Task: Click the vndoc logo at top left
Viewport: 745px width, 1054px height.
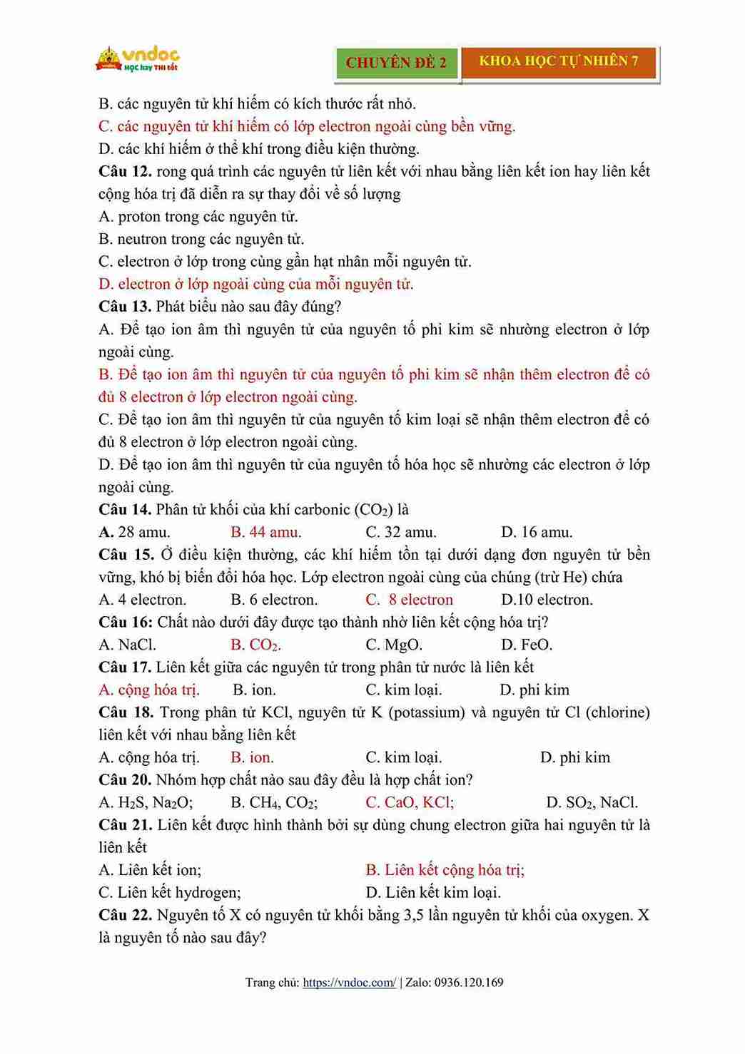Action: coord(137,59)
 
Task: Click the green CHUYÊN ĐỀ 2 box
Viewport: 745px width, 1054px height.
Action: coord(396,63)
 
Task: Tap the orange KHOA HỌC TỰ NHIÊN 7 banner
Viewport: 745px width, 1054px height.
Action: coord(558,61)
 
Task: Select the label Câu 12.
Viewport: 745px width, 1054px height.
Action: coord(125,171)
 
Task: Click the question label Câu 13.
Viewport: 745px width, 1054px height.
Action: coord(125,307)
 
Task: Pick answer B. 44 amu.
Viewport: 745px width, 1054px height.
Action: coord(265,532)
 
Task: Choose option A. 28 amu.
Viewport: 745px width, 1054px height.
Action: coord(134,532)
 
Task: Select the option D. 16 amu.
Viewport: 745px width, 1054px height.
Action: coord(537,532)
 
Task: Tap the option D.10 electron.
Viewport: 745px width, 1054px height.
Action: coord(547,600)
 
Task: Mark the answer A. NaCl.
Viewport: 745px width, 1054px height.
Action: coord(127,645)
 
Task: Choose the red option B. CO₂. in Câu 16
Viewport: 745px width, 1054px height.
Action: coord(255,645)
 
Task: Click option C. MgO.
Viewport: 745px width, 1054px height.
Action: coord(394,645)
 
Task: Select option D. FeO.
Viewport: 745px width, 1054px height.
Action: coord(527,645)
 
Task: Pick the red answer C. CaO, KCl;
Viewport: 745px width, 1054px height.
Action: coord(410,802)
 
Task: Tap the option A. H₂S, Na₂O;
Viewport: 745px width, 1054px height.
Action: coord(146,802)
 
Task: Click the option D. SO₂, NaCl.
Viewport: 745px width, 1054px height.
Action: coord(592,802)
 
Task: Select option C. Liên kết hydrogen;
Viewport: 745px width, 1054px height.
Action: coord(170,892)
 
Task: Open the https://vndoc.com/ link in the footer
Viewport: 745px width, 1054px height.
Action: coord(349,983)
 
